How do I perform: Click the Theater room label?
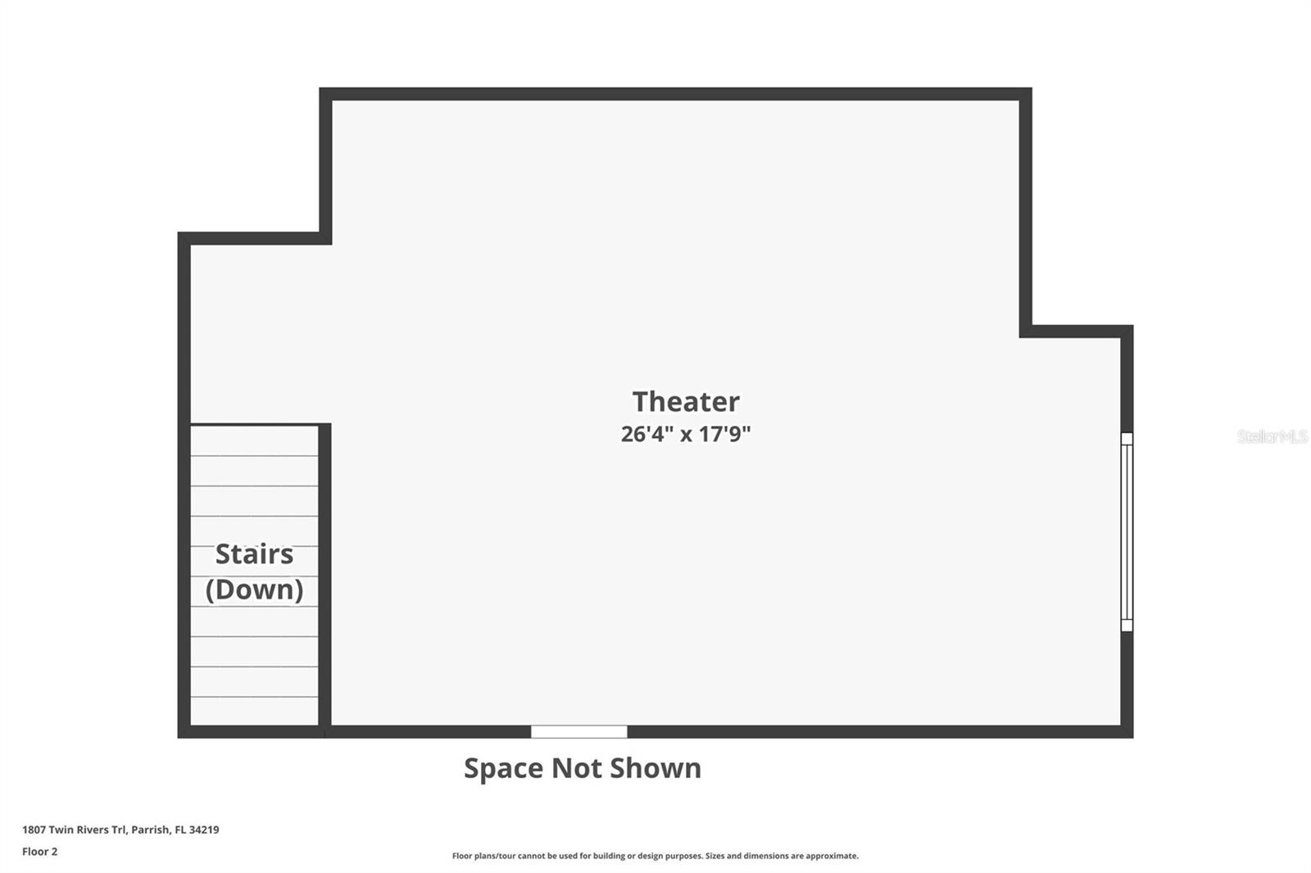686,401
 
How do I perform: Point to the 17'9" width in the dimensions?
725,434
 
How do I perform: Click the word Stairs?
254,554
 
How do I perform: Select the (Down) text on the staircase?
254,589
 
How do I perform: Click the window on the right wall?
1127,531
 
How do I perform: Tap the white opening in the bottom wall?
578,731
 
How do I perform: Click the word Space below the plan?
503,768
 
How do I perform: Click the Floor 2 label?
40,852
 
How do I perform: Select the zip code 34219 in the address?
204,830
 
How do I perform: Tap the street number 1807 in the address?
34,830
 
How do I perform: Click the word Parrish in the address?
151,830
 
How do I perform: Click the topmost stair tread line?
254,456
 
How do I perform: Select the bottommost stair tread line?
254,697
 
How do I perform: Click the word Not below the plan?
577,767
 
